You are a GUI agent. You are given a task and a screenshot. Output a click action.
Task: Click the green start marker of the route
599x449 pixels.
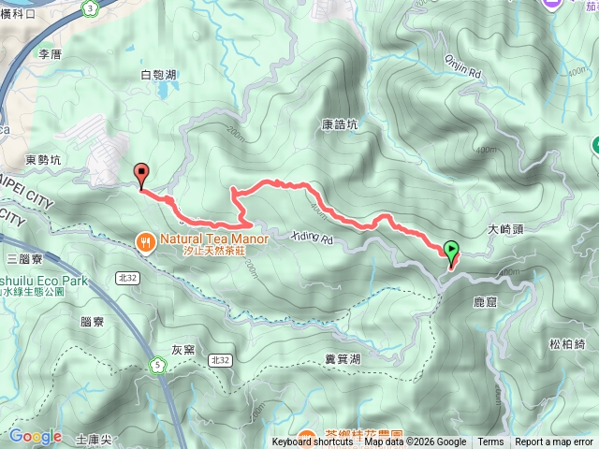click(453, 250)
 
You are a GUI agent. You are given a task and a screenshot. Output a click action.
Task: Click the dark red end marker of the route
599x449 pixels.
click(142, 172)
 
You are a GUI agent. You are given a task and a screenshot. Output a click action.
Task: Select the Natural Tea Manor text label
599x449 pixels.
click(214, 239)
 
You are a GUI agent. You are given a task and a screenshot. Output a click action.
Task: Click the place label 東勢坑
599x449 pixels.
click(43, 160)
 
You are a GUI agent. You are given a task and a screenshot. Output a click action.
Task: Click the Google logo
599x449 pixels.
click(35, 436)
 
